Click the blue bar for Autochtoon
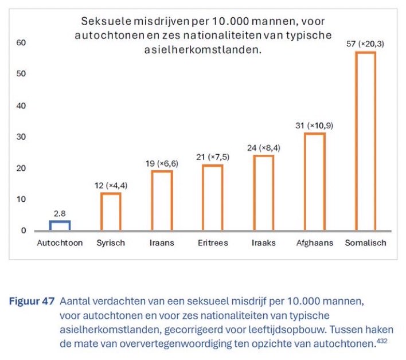pyautogui.click(x=60, y=225)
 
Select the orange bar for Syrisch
pyautogui.click(x=111, y=212)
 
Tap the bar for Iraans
pyautogui.click(x=162, y=201)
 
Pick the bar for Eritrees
pyautogui.click(x=213, y=197)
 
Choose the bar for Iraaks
pyautogui.click(x=264, y=193)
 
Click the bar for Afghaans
pyautogui.click(x=315, y=182)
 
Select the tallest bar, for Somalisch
pyautogui.click(x=366, y=141)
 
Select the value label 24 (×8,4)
pyautogui.click(x=264, y=147)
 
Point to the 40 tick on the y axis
pyautogui.click(x=21, y=105)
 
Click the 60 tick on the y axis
pyautogui.click(x=21, y=43)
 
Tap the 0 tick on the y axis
pyautogui.click(x=24, y=230)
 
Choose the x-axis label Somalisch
pyautogui.click(x=365, y=242)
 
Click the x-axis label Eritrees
pyautogui.click(x=212, y=242)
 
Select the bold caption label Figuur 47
pyautogui.click(x=31, y=300)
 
